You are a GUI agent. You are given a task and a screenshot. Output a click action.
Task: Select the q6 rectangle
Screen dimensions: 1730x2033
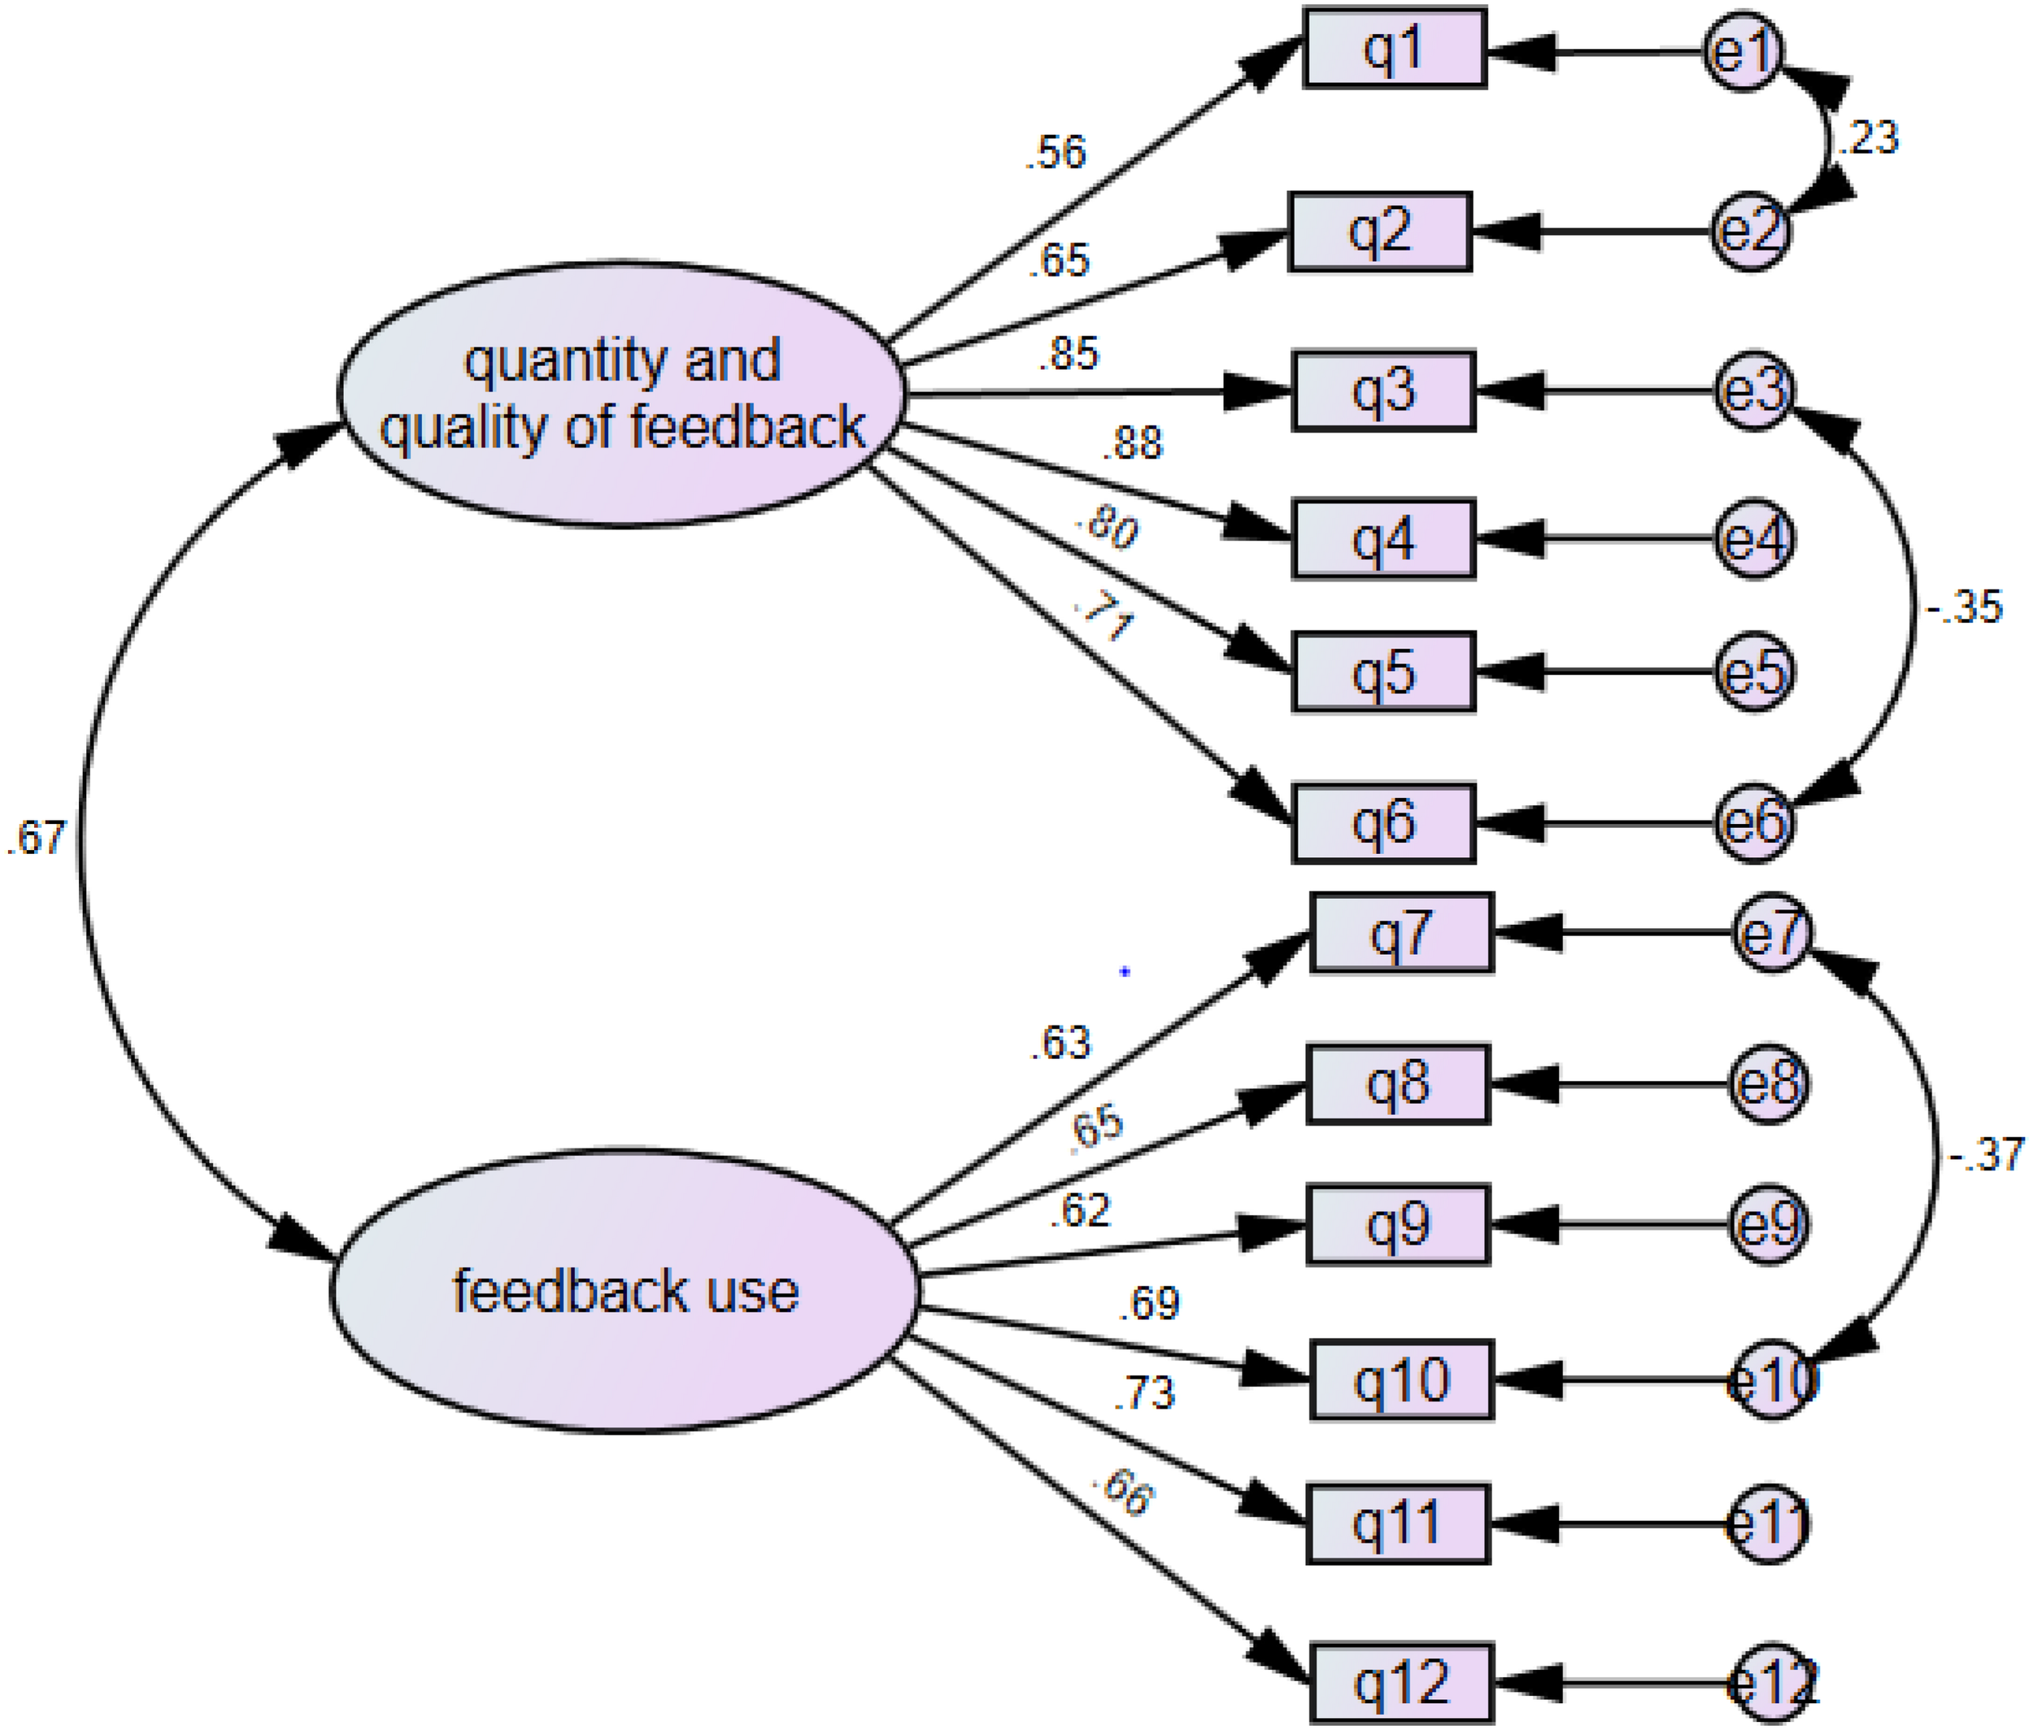pos(1382,823)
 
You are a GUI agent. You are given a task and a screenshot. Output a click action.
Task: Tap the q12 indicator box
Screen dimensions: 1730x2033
pos(1400,1683)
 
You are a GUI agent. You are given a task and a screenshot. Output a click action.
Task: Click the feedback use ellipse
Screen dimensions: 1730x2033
pos(625,1291)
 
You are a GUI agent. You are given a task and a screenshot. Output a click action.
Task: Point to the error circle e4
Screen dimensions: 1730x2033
pos(1753,538)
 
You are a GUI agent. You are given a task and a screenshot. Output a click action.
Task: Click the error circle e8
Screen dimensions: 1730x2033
pos(1767,1085)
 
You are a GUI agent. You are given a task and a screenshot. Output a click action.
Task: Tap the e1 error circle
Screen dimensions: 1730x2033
pos(1742,51)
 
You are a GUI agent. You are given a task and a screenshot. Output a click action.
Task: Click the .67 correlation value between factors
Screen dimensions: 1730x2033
pos(37,838)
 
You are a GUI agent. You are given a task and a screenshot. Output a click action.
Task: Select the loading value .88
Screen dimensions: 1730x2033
pos(1132,443)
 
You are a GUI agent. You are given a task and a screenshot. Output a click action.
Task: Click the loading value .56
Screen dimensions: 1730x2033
pos(1056,153)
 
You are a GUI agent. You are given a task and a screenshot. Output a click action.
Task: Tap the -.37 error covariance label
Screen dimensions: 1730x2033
pos(1986,1154)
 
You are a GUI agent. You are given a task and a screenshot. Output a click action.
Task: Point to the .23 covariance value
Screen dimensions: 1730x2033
pos(1868,137)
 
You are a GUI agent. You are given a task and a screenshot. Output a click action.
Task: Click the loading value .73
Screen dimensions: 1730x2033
pos(1143,1393)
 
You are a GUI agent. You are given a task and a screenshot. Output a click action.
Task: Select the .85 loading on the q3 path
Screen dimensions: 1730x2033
pos(1069,354)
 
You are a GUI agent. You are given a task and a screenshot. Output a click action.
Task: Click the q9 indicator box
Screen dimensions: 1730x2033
pos(1398,1225)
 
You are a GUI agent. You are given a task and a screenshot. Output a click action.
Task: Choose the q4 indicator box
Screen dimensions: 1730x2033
pos(1382,539)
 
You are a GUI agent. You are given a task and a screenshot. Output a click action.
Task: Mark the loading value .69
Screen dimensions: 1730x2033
pos(1148,1303)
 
